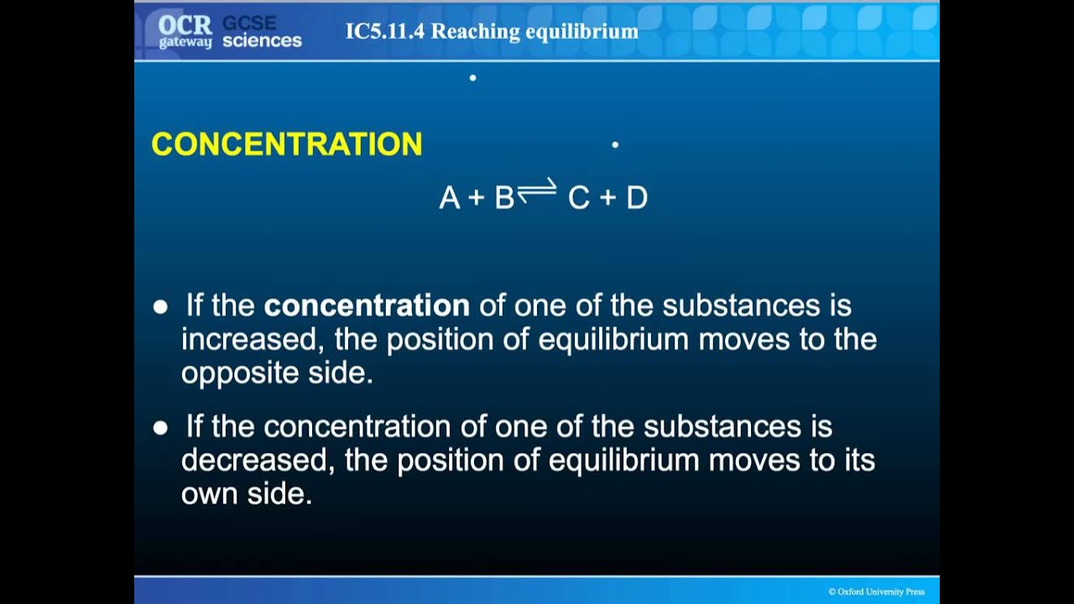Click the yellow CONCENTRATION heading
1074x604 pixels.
point(286,144)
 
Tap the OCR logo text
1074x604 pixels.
point(185,23)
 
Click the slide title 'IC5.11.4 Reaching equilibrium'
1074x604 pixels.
point(492,32)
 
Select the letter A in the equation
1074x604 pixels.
point(450,198)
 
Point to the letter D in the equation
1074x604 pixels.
point(637,198)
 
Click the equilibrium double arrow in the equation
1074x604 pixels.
point(537,191)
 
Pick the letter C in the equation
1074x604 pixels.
point(579,198)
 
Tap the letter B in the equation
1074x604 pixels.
point(503,198)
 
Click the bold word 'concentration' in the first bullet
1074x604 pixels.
point(367,305)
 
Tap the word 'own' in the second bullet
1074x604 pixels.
point(210,494)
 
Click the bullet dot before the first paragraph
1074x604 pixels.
point(160,307)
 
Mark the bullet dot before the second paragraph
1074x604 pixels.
point(160,428)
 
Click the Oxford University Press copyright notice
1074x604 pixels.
point(876,591)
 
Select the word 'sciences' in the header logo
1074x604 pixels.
point(262,41)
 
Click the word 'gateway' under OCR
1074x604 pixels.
point(185,42)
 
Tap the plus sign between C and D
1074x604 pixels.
point(608,199)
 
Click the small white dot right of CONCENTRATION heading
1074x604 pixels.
point(615,145)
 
